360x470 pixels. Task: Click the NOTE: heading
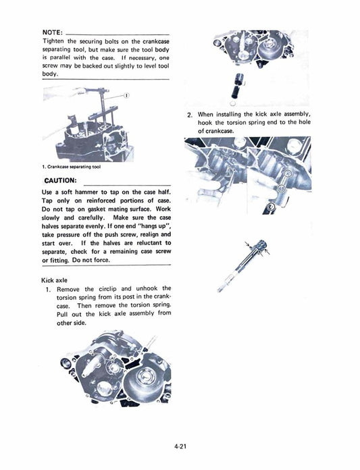(x=53, y=32)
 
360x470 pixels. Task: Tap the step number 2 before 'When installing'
(x=189, y=114)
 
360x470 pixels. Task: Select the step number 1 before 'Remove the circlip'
(x=49, y=288)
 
